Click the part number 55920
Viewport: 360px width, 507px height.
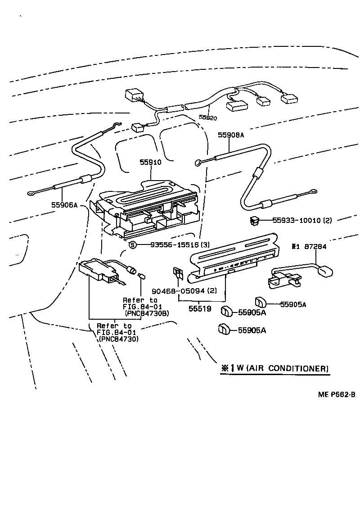(x=208, y=118)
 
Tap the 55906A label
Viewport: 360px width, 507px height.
(x=64, y=205)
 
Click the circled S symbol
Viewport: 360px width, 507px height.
(x=132, y=245)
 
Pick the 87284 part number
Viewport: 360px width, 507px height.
(x=315, y=247)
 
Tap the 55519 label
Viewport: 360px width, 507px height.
(x=200, y=309)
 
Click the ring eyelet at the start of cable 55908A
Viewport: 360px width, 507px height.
(x=198, y=163)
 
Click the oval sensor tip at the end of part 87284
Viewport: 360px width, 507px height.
(x=325, y=272)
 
